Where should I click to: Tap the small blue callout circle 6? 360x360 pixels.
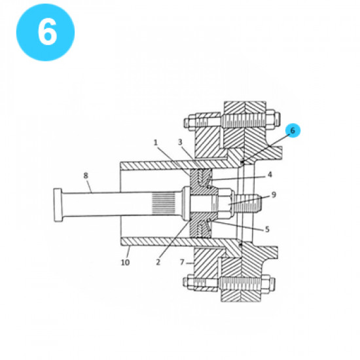coord(293,130)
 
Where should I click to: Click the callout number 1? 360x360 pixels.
coord(156,142)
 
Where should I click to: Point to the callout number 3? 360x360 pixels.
coord(179,142)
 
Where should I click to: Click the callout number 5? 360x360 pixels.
coord(267,228)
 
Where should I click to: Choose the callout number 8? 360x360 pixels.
coord(86,175)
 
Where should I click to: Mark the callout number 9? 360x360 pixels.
coord(274,195)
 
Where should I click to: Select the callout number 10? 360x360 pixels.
coord(125,262)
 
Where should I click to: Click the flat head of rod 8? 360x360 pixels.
coord(57,204)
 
